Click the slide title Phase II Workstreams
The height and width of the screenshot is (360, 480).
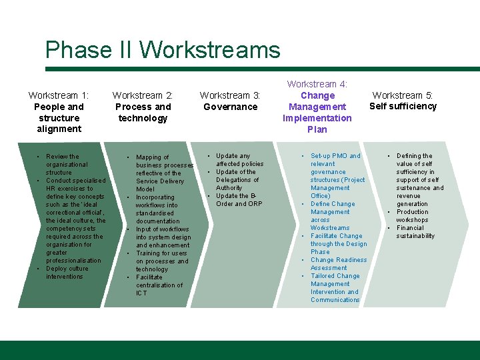pos(163,51)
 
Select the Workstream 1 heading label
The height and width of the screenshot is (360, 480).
pos(59,95)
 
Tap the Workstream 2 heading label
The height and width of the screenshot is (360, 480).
pos(143,95)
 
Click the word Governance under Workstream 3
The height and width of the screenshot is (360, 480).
pos(230,107)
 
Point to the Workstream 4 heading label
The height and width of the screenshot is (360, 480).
pos(317,84)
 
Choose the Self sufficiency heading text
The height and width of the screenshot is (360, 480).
pos(403,106)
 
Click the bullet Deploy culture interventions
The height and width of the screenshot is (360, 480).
pos(66,273)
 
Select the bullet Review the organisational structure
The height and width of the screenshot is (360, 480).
pos(66,164)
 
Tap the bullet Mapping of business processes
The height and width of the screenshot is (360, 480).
pos(164,161)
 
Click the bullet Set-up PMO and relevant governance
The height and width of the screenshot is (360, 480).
pos(336,164)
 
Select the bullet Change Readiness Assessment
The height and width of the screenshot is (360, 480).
pos(338,264)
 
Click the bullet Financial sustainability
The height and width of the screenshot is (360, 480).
pos(415,232)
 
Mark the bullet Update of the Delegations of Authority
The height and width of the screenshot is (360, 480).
pos(237,180)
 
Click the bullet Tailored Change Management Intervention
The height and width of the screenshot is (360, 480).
pos(335,288)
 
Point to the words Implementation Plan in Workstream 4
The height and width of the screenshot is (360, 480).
pos(317,124)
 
